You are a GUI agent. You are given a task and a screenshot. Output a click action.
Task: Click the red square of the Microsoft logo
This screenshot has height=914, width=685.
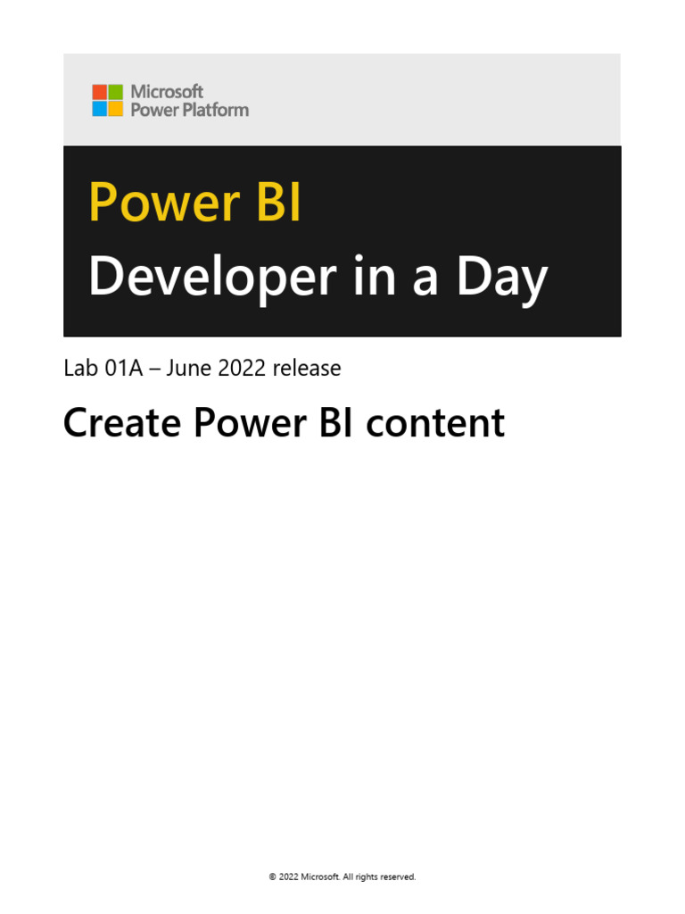click(99, 92)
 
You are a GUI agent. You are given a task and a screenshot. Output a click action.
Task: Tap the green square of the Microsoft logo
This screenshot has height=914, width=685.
click(115, 92)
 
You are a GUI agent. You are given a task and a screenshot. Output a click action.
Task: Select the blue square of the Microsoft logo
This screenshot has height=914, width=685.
click(99, 108)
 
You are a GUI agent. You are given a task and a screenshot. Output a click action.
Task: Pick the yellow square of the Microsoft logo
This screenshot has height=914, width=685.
click(115, 108)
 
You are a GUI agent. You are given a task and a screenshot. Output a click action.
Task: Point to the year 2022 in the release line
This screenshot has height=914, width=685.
click(242, 368)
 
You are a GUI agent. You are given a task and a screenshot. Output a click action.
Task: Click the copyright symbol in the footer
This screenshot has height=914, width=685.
click(272, 877)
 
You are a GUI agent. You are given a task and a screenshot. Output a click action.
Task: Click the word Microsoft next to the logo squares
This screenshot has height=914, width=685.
click(167, 91)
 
